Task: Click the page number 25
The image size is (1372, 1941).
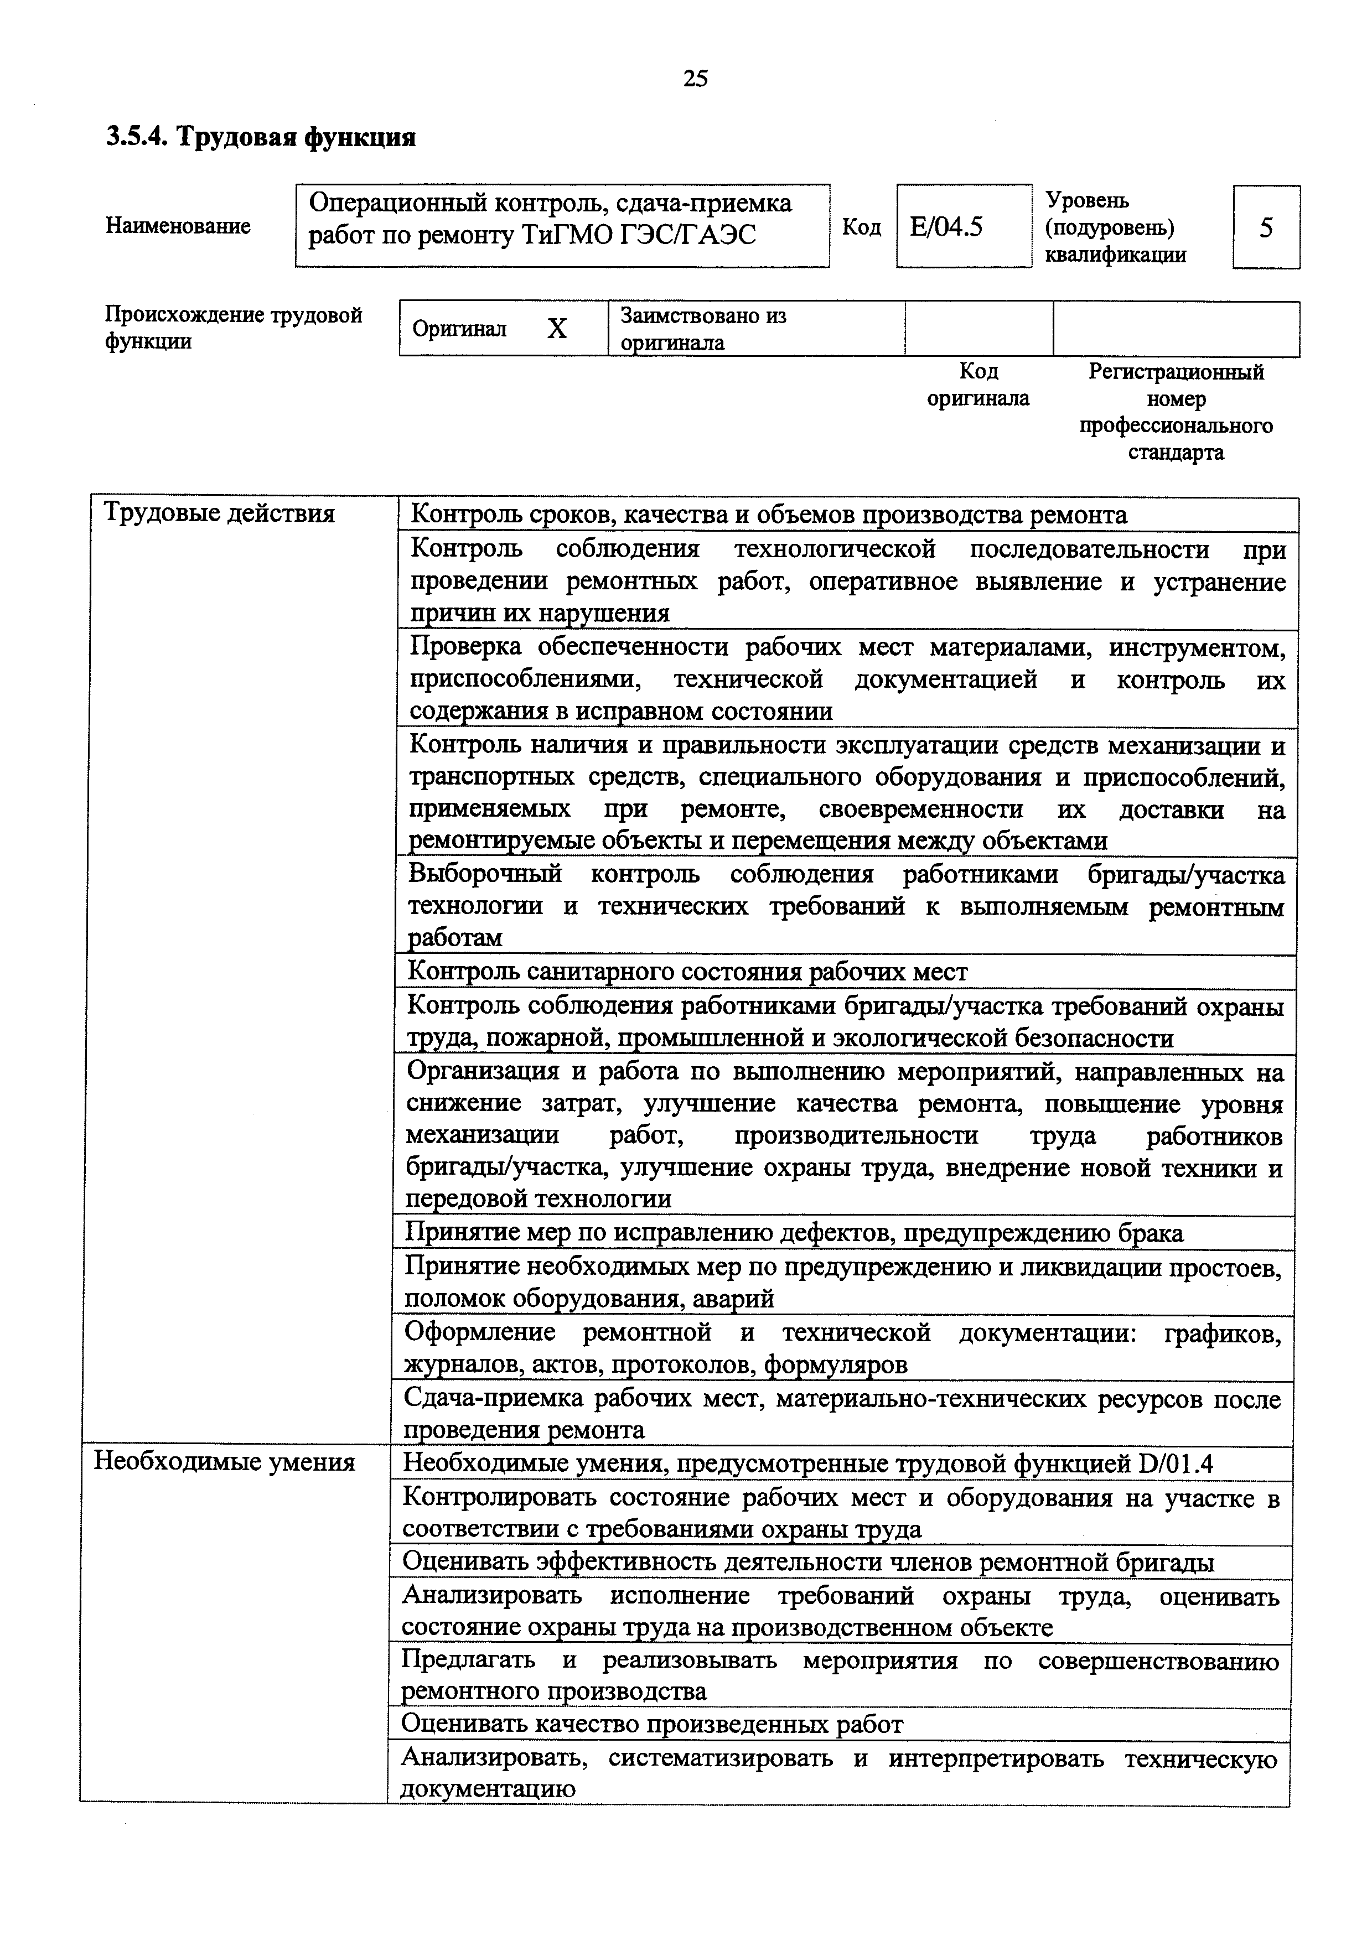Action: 695,79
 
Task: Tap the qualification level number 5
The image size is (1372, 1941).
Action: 1266,227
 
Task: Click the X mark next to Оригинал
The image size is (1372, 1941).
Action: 556,329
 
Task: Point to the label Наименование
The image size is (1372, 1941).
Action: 178,226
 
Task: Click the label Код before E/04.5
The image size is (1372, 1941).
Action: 861,227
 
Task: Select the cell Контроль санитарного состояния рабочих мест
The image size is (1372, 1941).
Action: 687,972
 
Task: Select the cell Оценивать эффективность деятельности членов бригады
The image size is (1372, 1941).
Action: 808,1563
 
